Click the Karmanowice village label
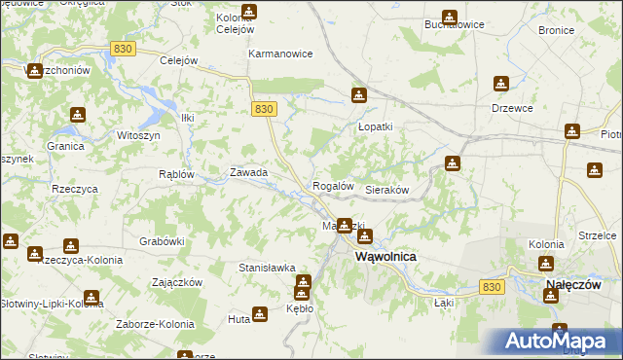(280, 54)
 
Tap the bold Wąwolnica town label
(386, 257)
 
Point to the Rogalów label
(332, 186)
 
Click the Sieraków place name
(385, 190)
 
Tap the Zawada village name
(248, 172)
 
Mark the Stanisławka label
(267, 267)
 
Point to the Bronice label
(556, 30)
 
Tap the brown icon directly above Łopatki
(358, 95)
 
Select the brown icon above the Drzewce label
(500, 84)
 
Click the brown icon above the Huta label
(259, 313)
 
